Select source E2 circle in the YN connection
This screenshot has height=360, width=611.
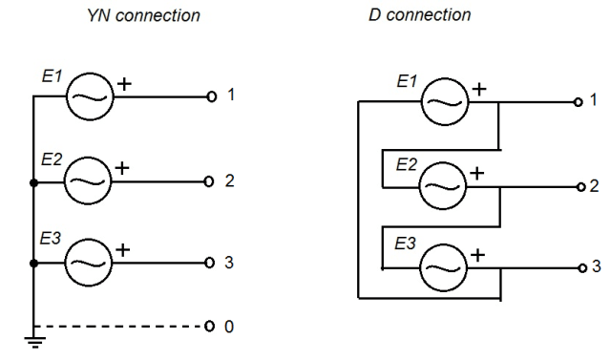coord(88,180)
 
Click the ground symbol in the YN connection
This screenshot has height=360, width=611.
coord(34,342)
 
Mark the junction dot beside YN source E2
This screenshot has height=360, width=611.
coord(34,180)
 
